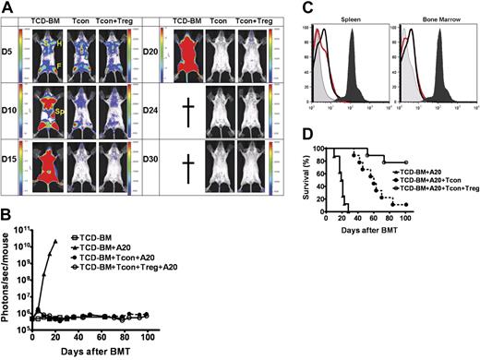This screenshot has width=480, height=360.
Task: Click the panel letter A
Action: click(7, 8)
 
